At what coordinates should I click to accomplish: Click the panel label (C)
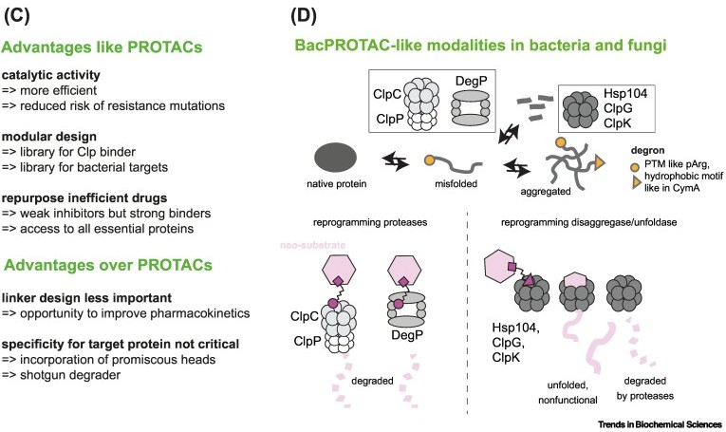coord(21,14)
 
